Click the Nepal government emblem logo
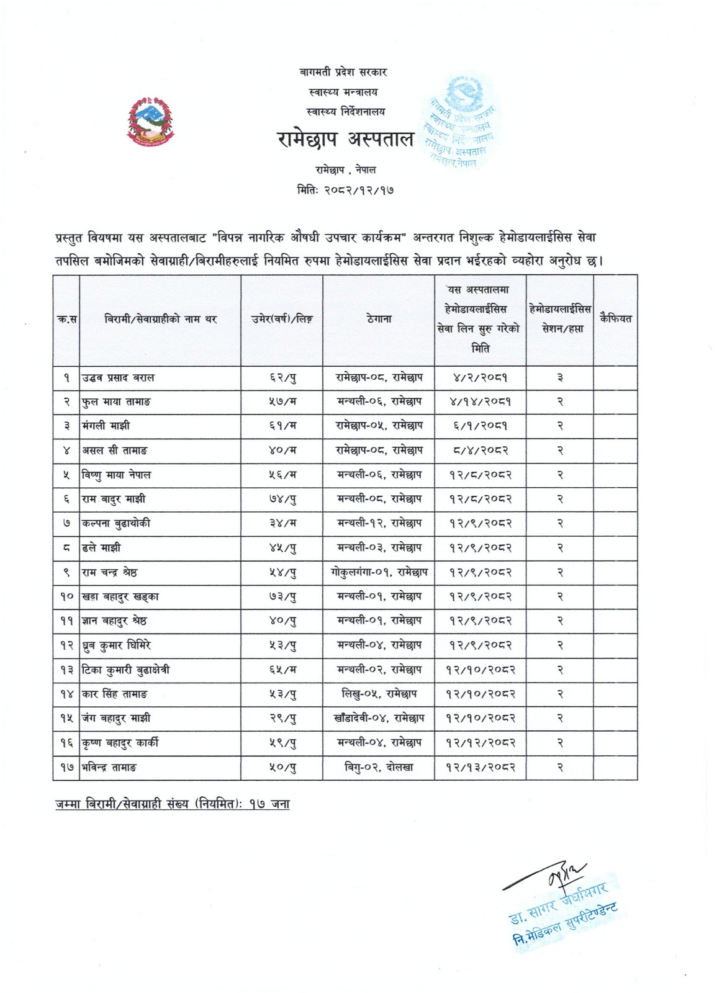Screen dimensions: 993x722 [150, 122]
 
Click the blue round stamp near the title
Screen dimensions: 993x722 [462, 121]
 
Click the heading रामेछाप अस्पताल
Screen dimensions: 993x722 [345, 140]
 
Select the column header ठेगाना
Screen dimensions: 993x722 [378, 319]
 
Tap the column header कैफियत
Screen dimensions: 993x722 [615, 319]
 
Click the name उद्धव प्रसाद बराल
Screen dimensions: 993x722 [119, 377]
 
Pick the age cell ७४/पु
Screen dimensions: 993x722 [281, 499]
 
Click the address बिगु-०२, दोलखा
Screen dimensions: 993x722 [378, 767]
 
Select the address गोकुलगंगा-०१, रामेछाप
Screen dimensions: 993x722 [378, 572]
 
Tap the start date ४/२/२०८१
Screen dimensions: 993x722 [480, 377]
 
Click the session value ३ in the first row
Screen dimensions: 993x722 [559, 377]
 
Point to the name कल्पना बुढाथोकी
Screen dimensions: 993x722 [116, 523]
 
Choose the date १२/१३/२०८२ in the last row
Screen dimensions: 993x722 [480, 767]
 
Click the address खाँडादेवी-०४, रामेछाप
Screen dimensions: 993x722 [378, 718]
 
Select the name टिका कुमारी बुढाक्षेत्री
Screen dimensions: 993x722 [126, 670]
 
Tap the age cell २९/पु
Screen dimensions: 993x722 [281, 718]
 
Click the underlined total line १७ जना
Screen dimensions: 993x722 [171, 804]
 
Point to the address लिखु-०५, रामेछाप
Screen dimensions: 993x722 [378, 694]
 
